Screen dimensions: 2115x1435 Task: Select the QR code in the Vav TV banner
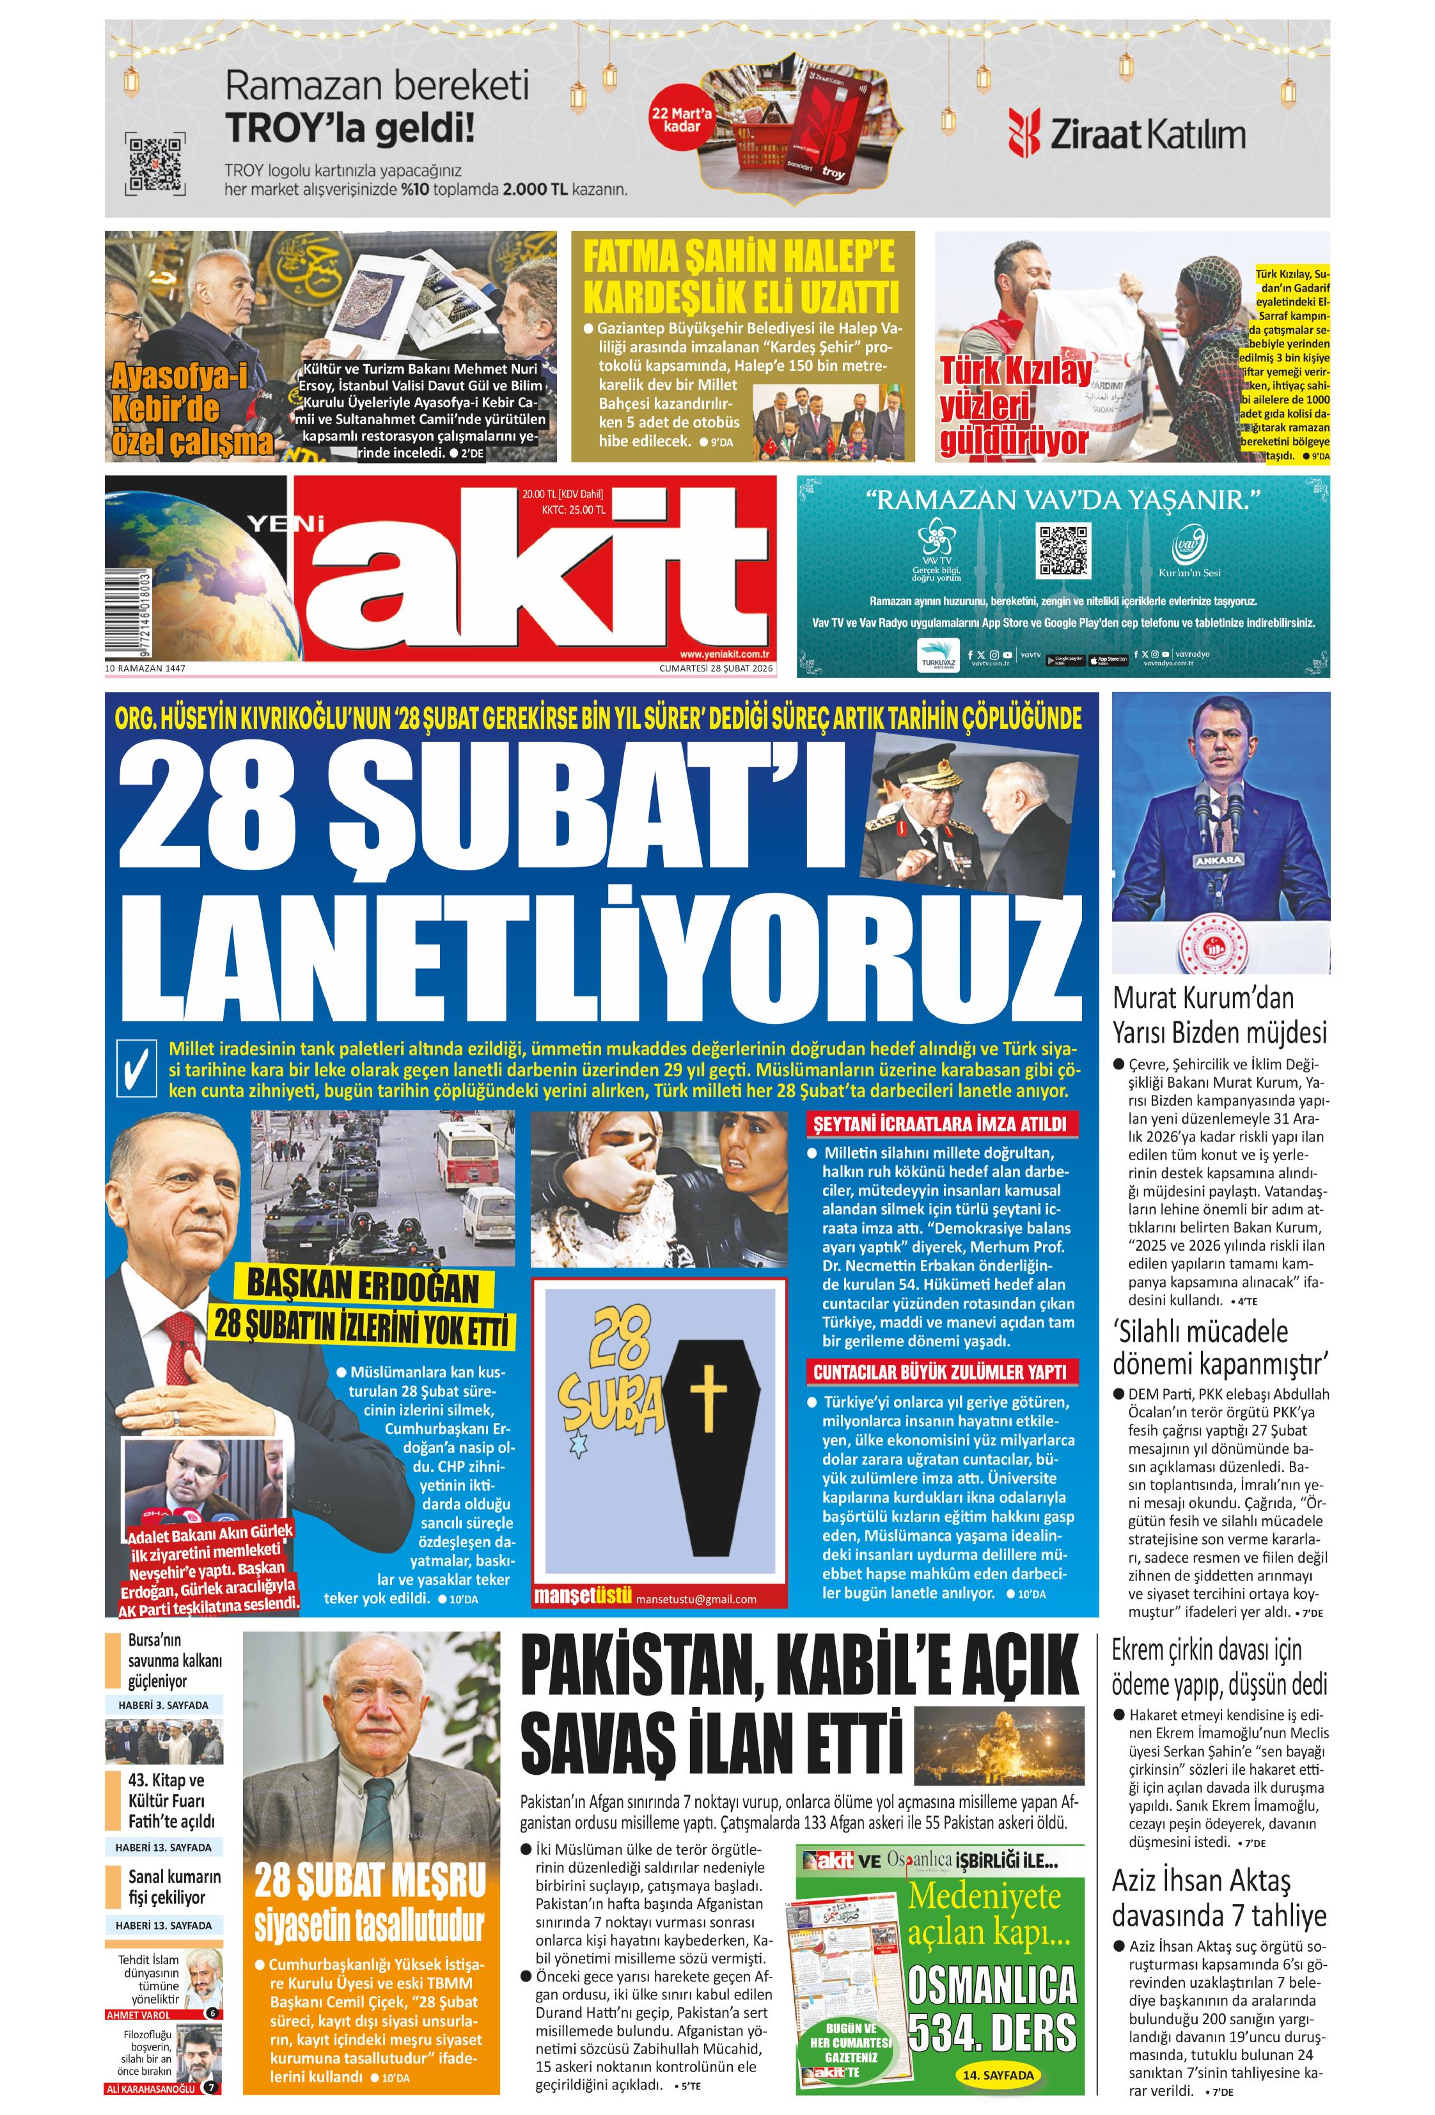[1063, 549]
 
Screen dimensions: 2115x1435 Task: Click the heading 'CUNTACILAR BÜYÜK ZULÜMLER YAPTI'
[939, 1373]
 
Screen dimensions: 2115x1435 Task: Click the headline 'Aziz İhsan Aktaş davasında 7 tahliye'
[1218, 1896]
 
